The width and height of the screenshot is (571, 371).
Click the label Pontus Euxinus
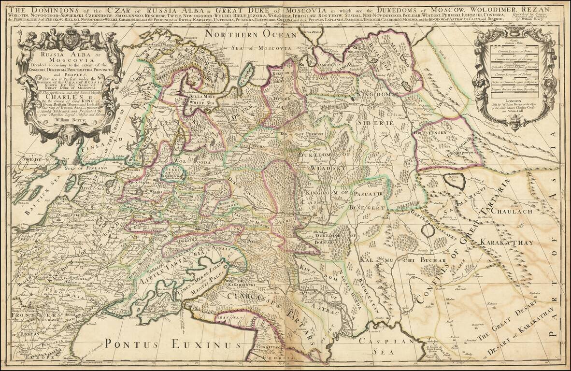(173, 344)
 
